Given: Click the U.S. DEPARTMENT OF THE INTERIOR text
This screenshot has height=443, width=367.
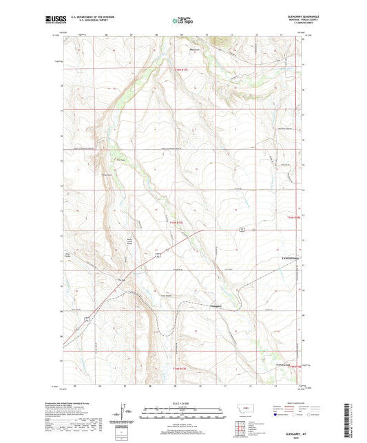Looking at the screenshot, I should click(x=85, y=17).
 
